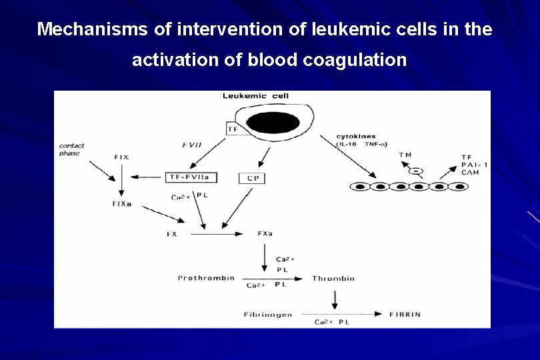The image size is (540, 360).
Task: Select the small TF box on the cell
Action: click(233, 128)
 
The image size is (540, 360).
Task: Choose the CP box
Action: click(253, 178)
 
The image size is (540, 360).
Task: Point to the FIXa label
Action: click(122, 204)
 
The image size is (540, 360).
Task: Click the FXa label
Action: click(265, 234)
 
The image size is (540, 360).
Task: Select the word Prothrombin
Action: click(206, 278)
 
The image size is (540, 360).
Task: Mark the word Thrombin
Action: click(333, 279)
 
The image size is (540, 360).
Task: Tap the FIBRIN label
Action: click(405, 315)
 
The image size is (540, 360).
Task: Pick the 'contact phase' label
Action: click(71, 149)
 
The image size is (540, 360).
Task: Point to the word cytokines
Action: click(357, 137)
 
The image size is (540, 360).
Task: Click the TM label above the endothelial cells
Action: click(405, 155)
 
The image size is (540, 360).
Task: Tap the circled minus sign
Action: click(415, 171)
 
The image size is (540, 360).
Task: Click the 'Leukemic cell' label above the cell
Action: click(255, 96)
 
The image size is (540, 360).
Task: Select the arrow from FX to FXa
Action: click(217, 235)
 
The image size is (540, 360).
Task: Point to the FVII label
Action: click(192, 145)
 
